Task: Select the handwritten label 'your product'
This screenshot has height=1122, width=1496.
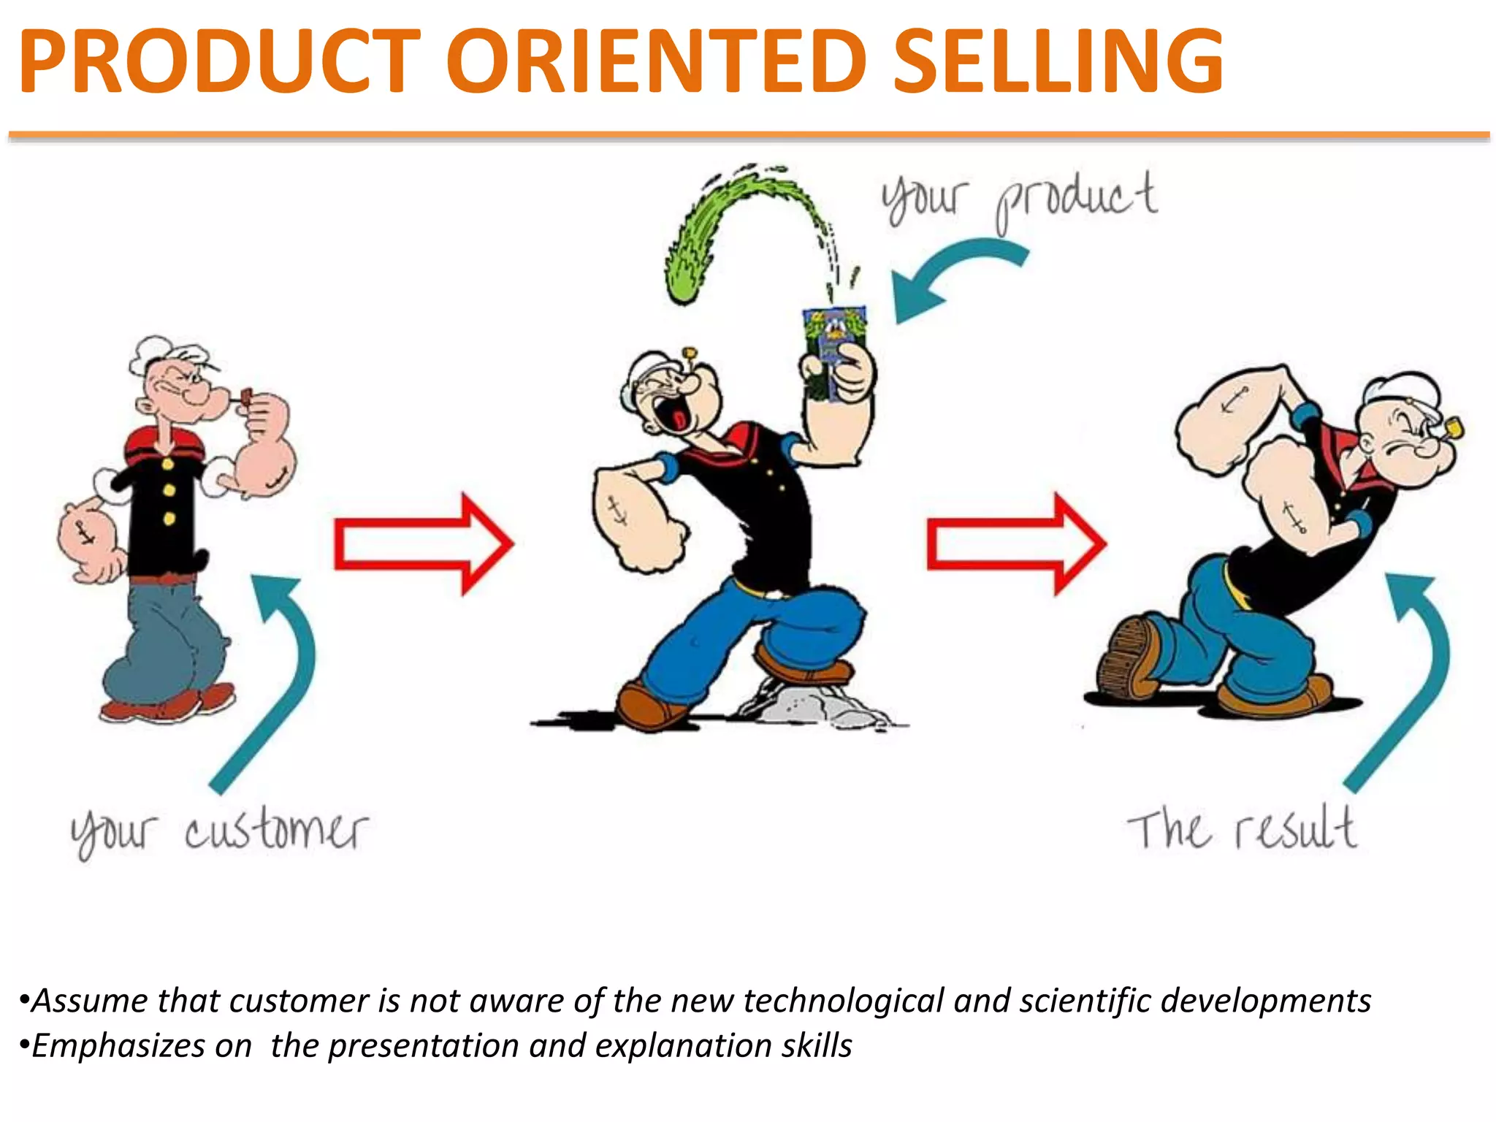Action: (x=1019, y=199)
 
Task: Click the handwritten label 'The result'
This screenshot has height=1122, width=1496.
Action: (x=1242, y=831)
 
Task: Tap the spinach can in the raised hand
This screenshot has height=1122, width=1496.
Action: (x=834, y=343)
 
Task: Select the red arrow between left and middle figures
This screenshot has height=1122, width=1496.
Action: (x=424, y=544)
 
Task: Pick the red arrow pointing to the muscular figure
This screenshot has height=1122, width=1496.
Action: (x=1015, y=544)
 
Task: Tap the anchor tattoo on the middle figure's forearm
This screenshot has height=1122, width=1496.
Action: (x=617, y=511)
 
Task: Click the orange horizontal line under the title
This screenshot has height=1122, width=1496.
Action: (x=748, y=135)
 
